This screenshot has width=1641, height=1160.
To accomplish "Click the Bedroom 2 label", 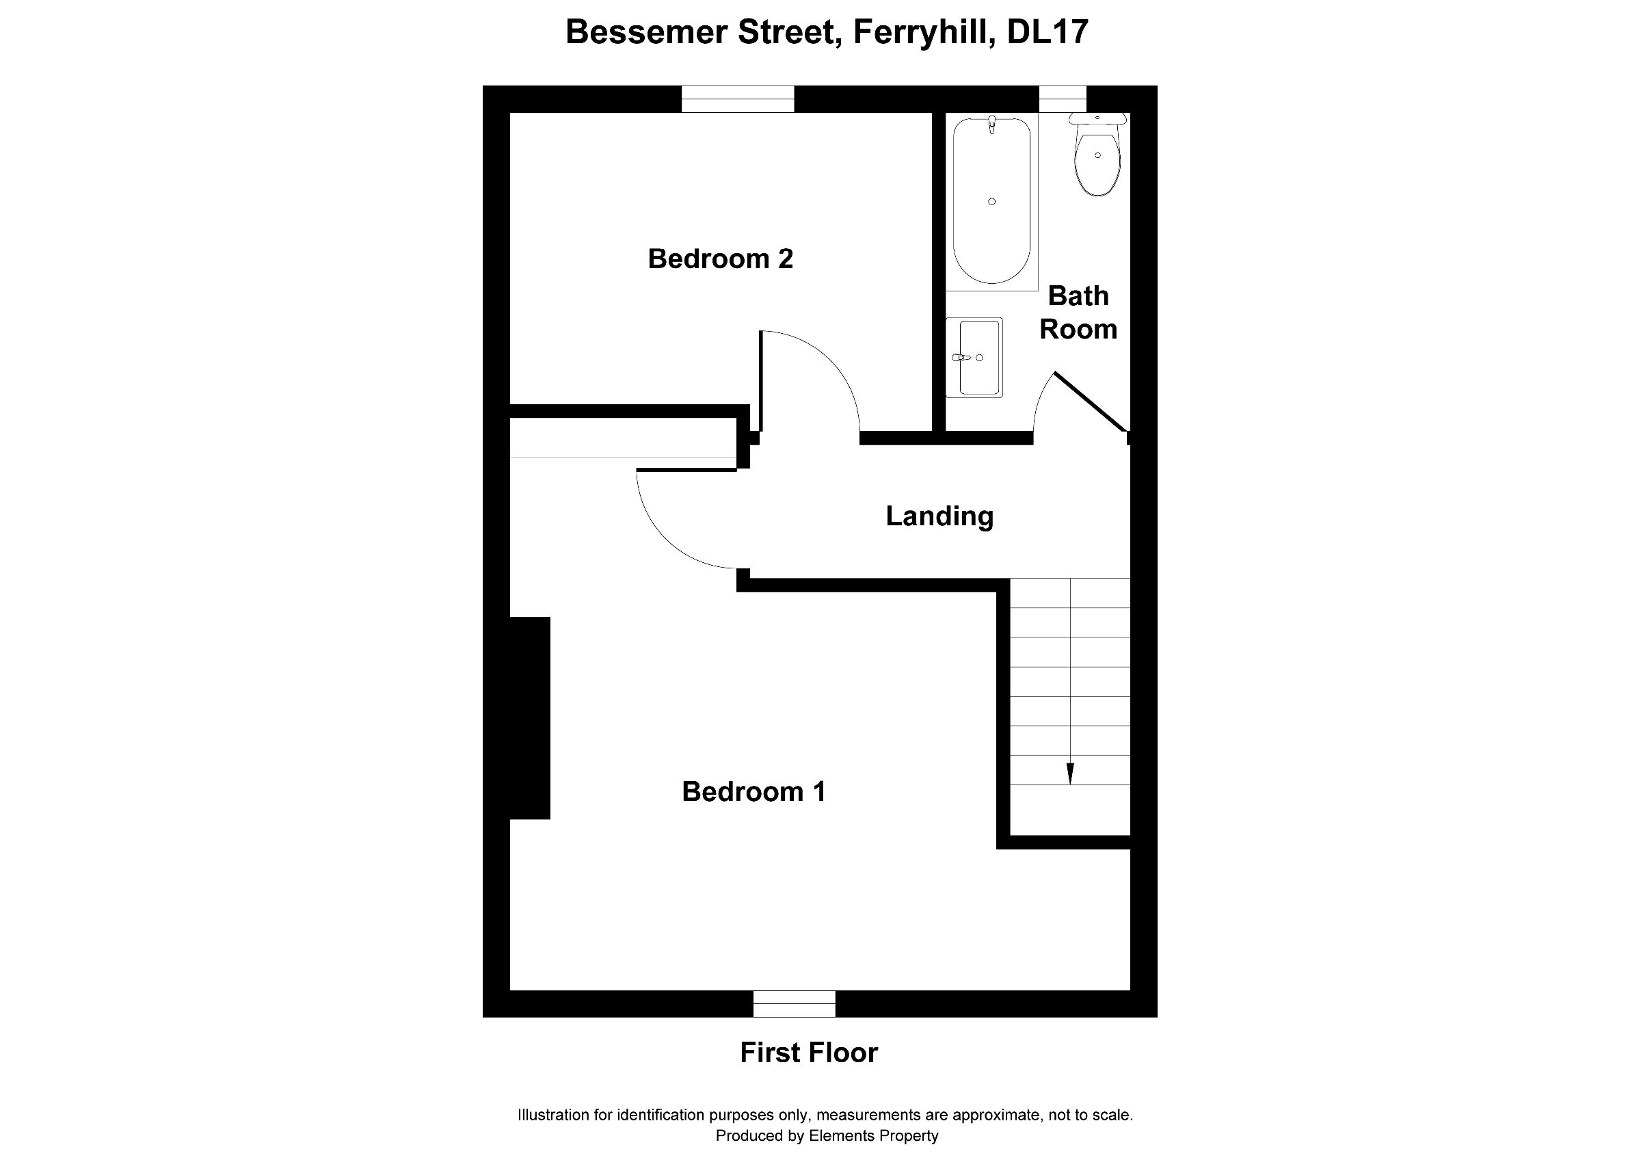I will tap(720, 259).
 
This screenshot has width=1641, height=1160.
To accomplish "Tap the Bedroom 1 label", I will tap(753, 792).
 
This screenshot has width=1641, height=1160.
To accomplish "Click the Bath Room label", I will tap(1078, 313).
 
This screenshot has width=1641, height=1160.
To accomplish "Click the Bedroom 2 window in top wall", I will tap(738, 99).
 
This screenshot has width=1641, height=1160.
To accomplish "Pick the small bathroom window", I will tap(1062, 99).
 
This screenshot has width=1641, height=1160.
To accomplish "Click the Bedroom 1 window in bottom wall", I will tap(794, 1003).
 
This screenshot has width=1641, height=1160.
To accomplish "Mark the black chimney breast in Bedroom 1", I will tap(529, 717).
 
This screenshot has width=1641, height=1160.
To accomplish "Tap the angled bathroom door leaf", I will tap(1091, 402).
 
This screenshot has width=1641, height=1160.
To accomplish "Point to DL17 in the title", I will tap(1047, 32).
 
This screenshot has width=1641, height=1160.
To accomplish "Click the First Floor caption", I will tap(808, 1053).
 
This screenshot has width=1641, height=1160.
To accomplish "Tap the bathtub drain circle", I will tap(991, 202).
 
